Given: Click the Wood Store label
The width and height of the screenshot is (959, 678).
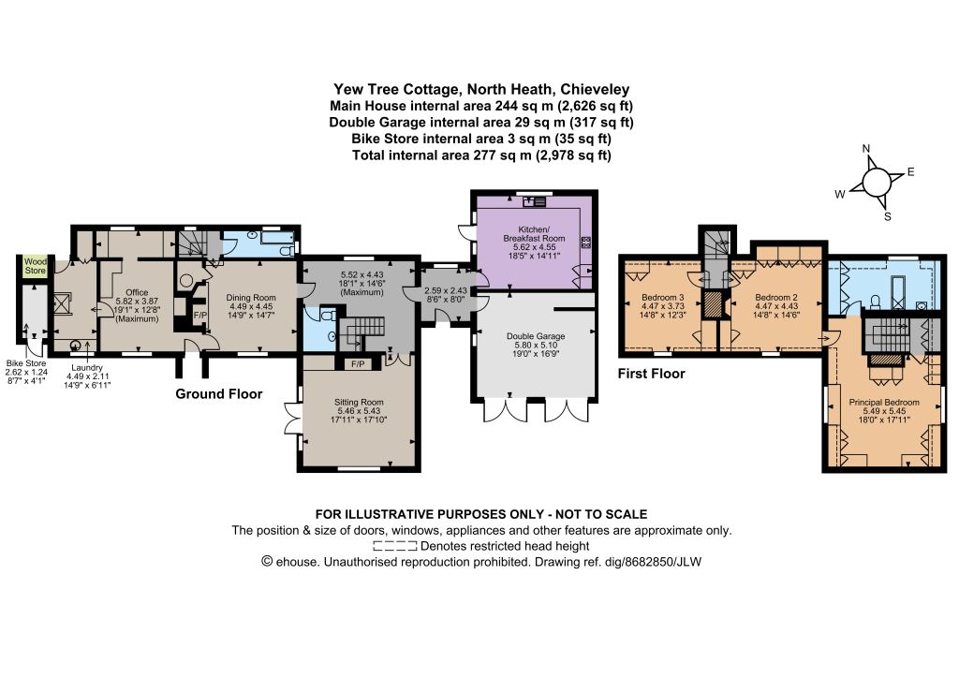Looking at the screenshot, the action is [35, 266].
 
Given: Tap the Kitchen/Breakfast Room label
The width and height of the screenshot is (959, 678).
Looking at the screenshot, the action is [534, 233].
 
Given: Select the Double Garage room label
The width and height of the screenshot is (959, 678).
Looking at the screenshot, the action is [536, 336].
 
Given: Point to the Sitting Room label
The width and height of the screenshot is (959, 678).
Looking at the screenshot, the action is [359, 403].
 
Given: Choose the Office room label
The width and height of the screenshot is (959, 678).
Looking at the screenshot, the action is [137, 293].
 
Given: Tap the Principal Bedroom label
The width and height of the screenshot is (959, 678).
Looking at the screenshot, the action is [884, 403].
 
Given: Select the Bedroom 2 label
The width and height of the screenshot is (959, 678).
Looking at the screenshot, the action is [776, 298].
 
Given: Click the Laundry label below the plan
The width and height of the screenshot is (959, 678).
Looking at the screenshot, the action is [87, 367].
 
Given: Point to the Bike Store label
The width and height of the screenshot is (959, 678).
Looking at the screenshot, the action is [26, 363].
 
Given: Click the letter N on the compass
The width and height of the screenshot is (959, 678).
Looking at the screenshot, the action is [866, 149].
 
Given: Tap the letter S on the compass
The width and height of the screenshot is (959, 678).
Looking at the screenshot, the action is [888, 216].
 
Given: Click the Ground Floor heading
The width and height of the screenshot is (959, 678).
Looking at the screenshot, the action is [219, 394].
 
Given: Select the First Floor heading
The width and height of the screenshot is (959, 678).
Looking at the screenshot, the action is [652, 374].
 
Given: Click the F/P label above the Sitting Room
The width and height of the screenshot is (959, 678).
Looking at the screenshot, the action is [358, 364].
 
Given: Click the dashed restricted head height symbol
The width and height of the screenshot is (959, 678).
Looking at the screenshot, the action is [395, 546].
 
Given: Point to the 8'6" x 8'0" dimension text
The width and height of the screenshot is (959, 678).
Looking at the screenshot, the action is [445, 300].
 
